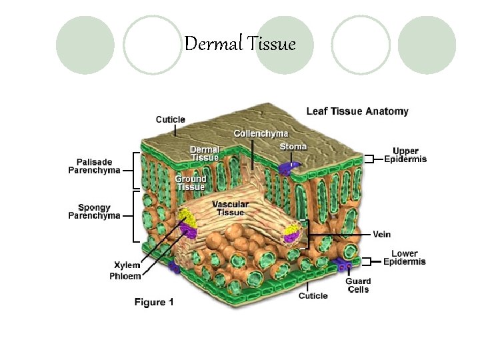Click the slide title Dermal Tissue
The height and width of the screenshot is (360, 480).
coord(239,45)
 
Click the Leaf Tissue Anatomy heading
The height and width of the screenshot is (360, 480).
coord(357,111)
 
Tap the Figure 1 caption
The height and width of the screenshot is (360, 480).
coord(154,302)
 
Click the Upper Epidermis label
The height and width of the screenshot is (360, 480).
coord(405,155)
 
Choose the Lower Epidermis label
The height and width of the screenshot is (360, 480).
coord(404,257)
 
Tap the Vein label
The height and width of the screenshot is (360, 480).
coord(381,234)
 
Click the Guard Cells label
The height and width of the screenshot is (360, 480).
coord(357,285)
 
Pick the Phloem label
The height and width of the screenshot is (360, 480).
coord(125,276)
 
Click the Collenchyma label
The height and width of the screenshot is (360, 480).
coord(261,134)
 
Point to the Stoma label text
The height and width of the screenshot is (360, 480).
coord(293,147)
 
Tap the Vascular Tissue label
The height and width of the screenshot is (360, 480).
coord(230,208)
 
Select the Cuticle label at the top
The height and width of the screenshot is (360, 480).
coord(170,120)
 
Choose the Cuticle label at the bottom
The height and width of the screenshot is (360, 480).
coord(313,295)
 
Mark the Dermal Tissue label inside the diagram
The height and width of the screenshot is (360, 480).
coord(205,153)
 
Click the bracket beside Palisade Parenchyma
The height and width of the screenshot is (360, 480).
coord(137,169)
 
